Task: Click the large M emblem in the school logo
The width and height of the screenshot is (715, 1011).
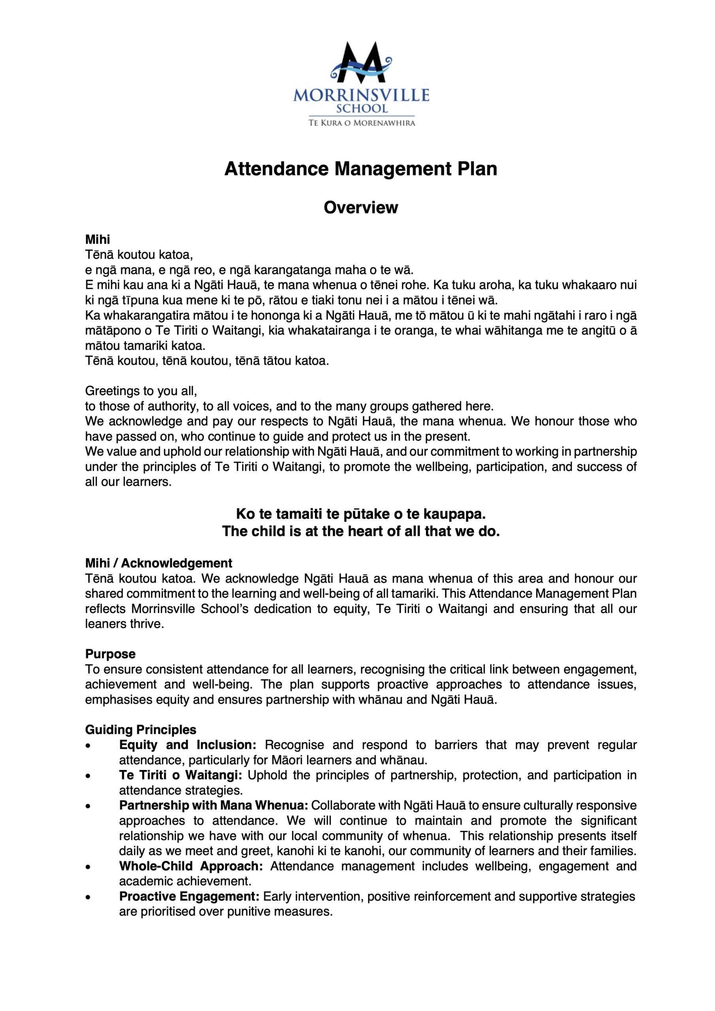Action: [x=361, y=63]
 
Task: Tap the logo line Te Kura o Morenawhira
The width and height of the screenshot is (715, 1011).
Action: [x=361, y=123]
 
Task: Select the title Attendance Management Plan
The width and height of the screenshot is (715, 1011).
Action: [x=360, y=169]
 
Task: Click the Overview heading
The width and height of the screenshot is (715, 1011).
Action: [x=360, y=207]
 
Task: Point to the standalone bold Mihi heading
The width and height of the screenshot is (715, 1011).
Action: [x=97, y=240]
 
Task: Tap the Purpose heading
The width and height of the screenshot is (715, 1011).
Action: [x=110, y=654]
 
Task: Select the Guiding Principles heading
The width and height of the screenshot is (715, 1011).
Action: [x=141, y=730]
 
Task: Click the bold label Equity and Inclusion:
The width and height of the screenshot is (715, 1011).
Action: [x=188, y=745]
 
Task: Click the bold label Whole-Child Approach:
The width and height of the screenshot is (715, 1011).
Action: [x=191, y=866]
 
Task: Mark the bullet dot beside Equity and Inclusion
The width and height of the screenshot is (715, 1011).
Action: [x=89, y=746]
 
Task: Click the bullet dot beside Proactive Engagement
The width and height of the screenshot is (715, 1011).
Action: [x=89, y=897]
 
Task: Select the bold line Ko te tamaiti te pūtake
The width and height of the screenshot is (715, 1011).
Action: [x=360, y=514]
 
